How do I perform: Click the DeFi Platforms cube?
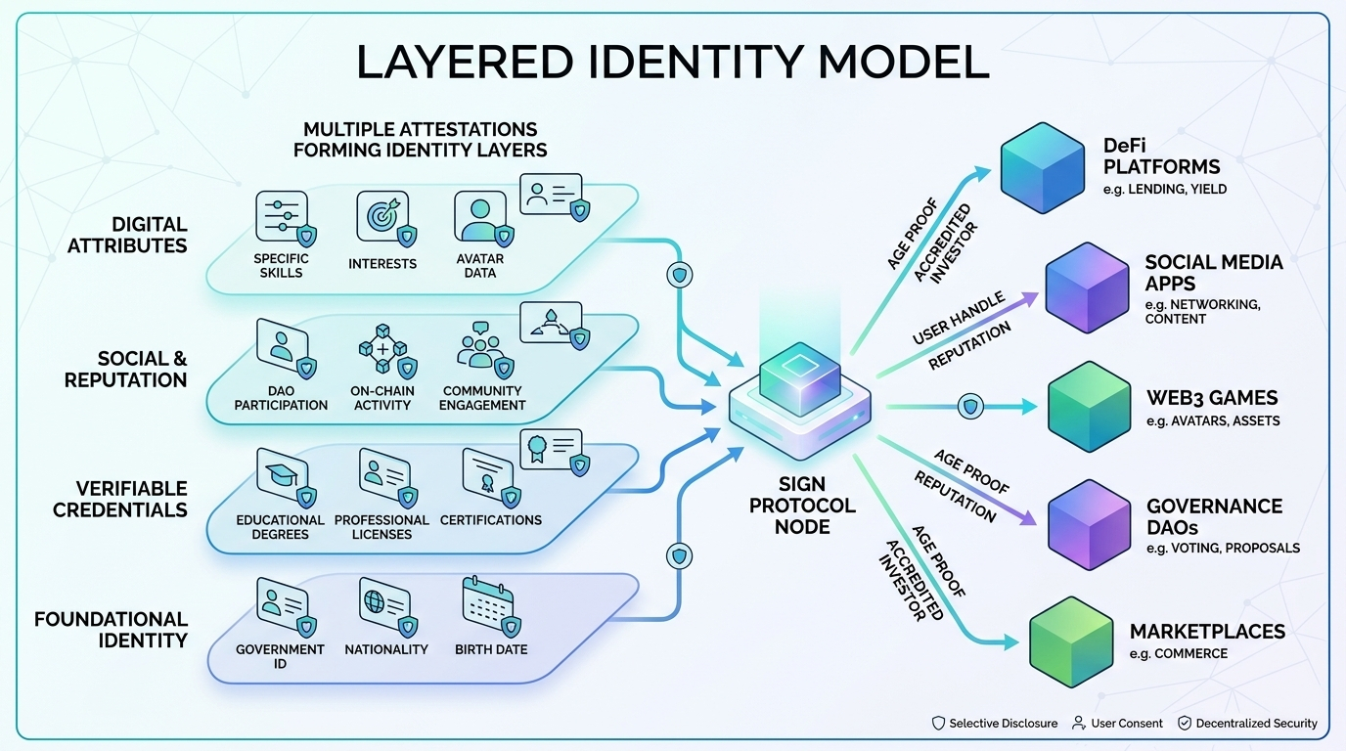(1043, 167)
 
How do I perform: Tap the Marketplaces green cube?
(1071, 641)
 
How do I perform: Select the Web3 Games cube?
(1089, 407)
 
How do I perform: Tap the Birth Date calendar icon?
(488, 605)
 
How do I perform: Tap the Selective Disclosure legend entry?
(994, 724)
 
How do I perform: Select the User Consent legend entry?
(1118, 724)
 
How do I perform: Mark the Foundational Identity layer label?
(111, 630)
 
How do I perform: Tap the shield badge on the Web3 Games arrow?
(970, 407)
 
